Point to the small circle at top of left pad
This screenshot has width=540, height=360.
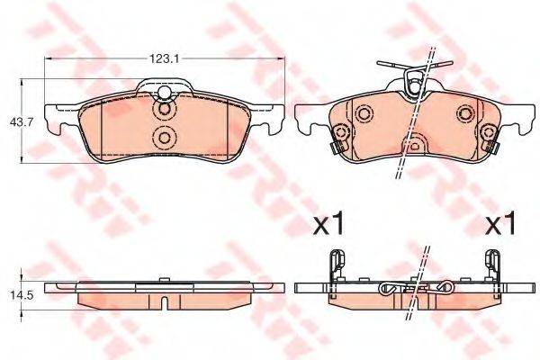pyautogui.click(x=165, y=94)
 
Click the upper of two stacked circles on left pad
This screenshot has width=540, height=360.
pyautogui.click(x=165, y=112)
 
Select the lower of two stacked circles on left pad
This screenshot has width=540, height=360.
pyautogui.click(x=165, y=138)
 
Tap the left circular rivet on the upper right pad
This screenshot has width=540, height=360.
pyautogui.click(x=364, y=114)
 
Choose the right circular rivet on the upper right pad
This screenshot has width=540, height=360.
pyautogui.click(x=465, y=113)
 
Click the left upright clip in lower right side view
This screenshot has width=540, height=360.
pyautogui.click(x=336, y=265)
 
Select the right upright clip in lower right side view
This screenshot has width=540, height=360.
pyautogui.click(x=493, y=265)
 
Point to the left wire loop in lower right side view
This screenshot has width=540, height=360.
pyautogui.click(x=388, y=289)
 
